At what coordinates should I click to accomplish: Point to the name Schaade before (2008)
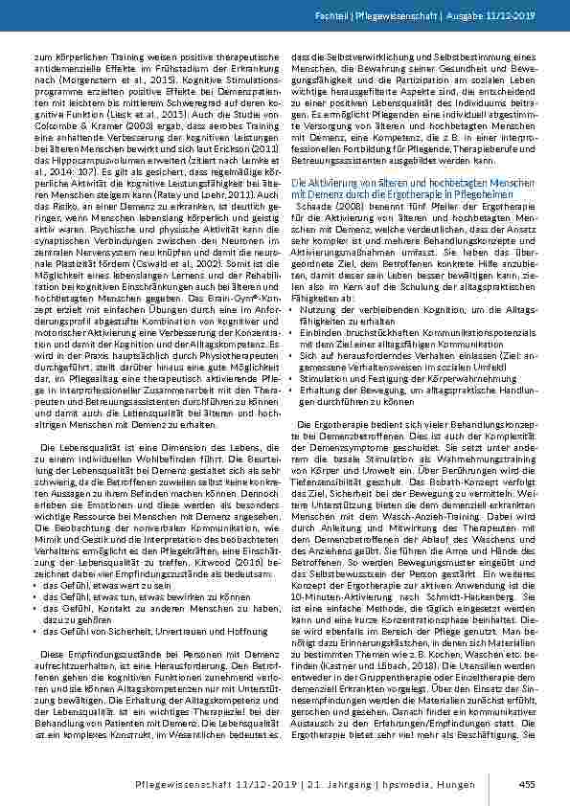click(x=318, y=204)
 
